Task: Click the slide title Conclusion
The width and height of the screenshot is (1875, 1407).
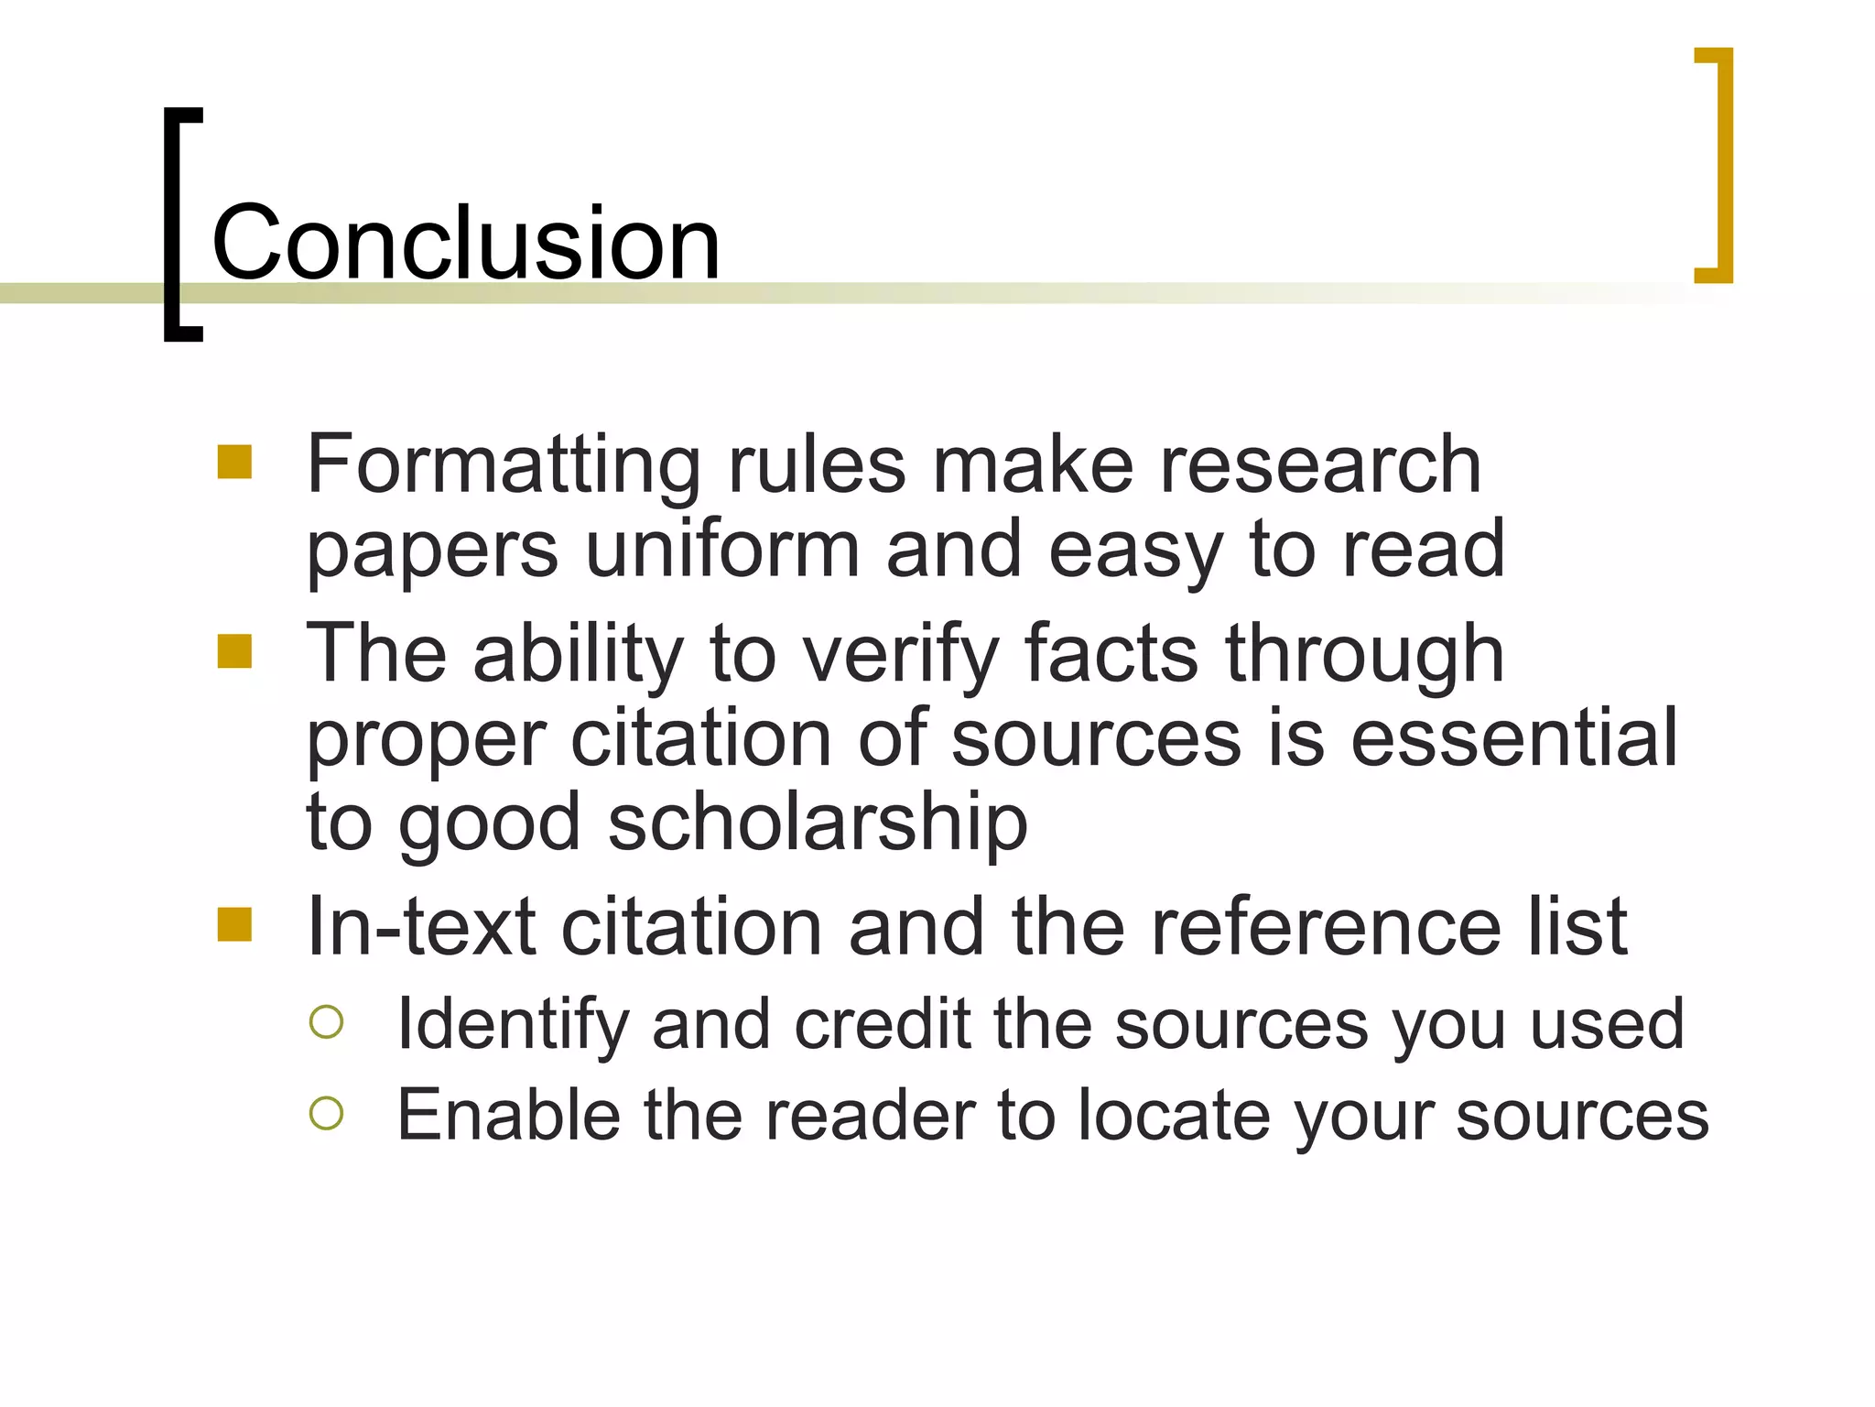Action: point(466,243)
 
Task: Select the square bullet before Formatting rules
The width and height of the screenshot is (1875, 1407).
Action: point(234,463)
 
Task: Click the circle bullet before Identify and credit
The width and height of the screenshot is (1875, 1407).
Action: point(327,1022)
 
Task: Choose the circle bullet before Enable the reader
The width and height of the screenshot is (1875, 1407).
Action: point(327,1114)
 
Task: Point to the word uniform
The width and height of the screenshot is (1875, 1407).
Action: point(722,550)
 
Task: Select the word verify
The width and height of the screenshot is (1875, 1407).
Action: point(901,654)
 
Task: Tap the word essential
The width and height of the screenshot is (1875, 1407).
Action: point(1514,738)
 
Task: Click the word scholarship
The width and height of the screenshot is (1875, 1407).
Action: point(818,823)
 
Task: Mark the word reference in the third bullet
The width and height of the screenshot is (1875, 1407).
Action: point(1325,927)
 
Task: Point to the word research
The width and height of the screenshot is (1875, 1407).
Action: point(1320,465)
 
